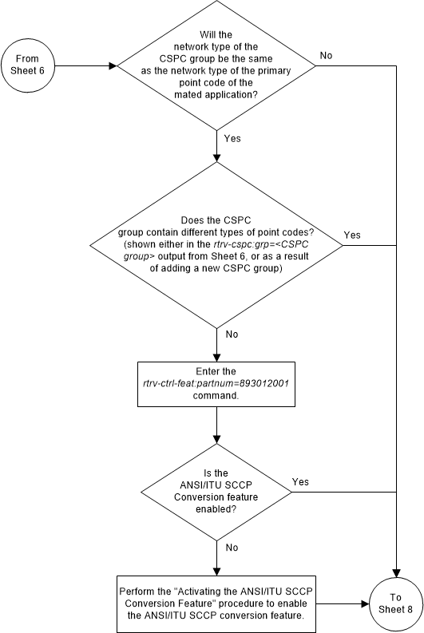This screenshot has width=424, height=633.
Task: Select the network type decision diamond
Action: click(x=216, y=65)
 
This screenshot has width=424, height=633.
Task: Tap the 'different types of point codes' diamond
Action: click(x=216, y=243)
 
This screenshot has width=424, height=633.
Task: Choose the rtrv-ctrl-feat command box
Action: click(x=216, y=384)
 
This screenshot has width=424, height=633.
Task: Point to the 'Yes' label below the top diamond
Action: click(x=232, y=138)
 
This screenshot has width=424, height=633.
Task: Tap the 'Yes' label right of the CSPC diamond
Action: click(x=352, y=235)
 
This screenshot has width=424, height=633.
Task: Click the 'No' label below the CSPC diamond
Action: click(x=232, y=334)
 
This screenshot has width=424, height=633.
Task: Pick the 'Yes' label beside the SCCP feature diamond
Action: click(x=301, y=482)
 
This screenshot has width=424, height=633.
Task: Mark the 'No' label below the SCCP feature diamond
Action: click(x=232, y=548)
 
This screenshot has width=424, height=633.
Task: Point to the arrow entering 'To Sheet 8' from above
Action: click(x=395, y=559)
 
